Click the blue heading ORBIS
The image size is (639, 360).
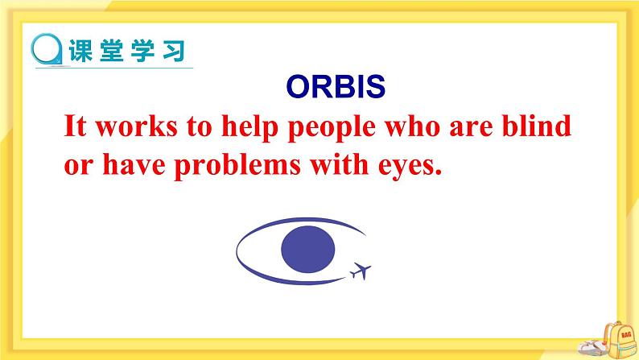(x=336, y=86)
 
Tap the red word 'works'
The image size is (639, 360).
(x=137, y=126)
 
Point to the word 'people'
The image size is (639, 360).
(x=332, y=128)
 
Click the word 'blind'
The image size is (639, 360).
(x=536, y=126)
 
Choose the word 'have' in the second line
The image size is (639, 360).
(x=134, y=164)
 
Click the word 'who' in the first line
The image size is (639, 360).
(x=412, y=126)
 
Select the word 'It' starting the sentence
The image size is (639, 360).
(x=76, y=126)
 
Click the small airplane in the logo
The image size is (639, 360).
(x=361, y=271)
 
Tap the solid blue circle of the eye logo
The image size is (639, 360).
(x=308, y=249)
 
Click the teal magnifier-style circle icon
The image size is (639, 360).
(x=47, y=49)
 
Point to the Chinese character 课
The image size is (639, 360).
(x=80, y=51)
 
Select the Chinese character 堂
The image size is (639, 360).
(x=111, y=51)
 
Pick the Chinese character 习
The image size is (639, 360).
(x=174, y=51)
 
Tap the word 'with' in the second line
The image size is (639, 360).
(x=340, y=164)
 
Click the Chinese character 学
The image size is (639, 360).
(x=142, y=51)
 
